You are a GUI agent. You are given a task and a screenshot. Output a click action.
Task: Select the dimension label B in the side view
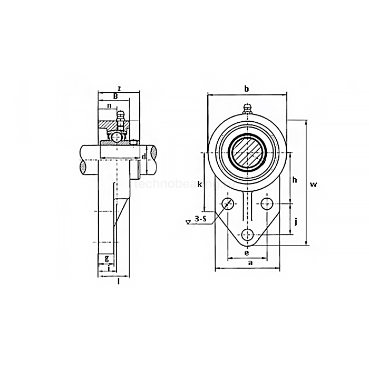point(115,96)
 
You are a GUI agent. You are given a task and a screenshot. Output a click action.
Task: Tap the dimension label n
point(109,106)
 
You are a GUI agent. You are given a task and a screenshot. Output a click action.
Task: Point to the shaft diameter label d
point(143,157)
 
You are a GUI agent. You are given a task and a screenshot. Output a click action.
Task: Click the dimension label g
point(107,258)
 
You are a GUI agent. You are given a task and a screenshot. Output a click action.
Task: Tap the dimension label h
point(295,180)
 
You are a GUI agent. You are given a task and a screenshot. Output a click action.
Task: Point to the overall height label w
point(314,184)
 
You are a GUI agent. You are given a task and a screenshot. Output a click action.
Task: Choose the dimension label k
point(199,184)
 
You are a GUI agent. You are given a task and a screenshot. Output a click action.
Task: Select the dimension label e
point(247,253)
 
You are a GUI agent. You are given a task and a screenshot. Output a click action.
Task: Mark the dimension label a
point(250,263)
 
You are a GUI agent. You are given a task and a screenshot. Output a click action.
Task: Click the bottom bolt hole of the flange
point(247,235)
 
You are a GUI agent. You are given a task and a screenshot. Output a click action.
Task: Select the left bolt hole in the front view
point(228,203)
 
